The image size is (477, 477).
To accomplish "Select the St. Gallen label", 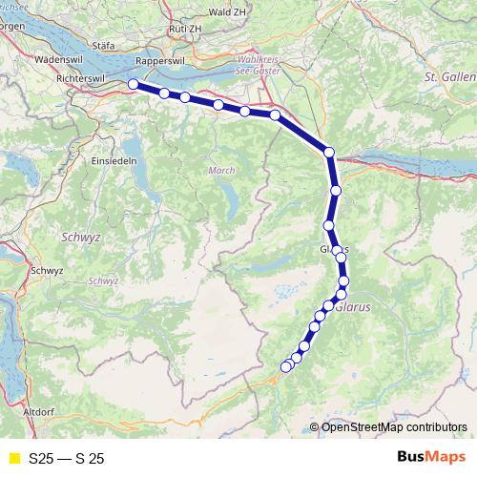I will tap(449, 75).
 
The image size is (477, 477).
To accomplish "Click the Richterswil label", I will tap(85, 78).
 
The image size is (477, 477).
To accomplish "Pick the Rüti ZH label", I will tap(183, 29).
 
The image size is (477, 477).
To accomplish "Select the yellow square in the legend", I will tap(13, 459).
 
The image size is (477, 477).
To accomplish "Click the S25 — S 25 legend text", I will tap(66, 459).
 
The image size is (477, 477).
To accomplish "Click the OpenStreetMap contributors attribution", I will tap(393, 427).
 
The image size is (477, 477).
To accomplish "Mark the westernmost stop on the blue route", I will tap(134, 85).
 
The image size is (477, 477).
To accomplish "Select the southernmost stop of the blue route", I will tap(285, 367).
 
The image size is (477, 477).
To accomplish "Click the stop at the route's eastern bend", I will tap(329, 152).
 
